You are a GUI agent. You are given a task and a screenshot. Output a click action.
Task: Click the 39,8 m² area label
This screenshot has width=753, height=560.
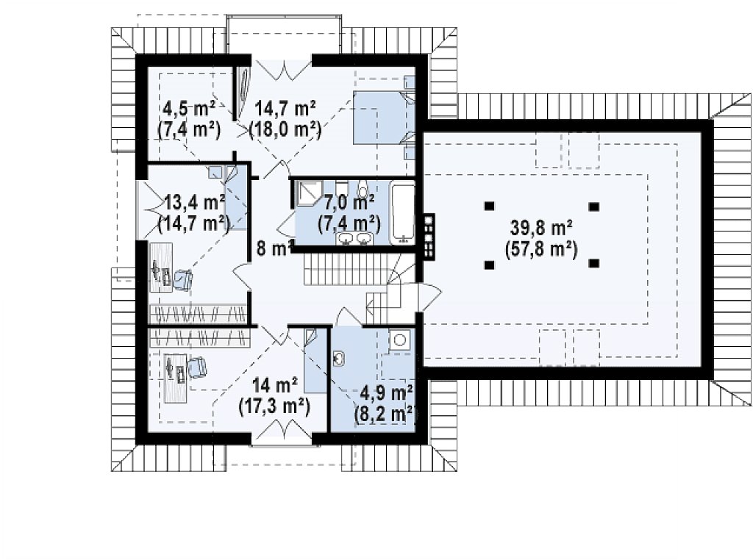pos(540,229)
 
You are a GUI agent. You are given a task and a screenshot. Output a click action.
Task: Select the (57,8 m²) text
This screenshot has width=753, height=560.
pos(540,250)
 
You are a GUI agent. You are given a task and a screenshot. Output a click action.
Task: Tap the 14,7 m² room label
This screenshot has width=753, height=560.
pos(285,109)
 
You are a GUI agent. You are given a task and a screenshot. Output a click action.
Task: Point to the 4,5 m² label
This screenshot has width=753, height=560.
pos(189,109)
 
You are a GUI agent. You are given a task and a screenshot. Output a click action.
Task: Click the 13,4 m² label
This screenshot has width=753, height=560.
pos(194,203)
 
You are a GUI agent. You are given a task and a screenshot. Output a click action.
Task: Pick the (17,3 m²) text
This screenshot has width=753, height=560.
pos(274,406)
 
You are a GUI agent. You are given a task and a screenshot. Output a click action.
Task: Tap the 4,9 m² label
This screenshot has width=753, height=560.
pos(387,392)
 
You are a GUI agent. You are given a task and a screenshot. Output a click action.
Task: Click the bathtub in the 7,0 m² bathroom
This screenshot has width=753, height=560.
pos(403,212)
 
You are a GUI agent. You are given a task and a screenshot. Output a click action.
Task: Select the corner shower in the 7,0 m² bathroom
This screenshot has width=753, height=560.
pos(306,193)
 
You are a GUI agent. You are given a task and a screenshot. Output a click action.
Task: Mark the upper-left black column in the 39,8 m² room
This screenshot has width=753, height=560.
pos(489,207)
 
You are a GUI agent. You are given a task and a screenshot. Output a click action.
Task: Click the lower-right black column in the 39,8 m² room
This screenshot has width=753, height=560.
pos(594,263)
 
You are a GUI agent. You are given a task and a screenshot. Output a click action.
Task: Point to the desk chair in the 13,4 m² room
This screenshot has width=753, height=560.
pos(182,280)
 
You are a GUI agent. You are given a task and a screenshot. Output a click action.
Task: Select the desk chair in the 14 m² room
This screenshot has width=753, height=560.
pos(197,368)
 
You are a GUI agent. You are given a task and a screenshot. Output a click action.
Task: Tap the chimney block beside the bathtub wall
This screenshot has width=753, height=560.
pos(429,236)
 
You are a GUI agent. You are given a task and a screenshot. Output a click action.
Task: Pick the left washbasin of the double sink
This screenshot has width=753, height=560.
pos(346,237)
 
